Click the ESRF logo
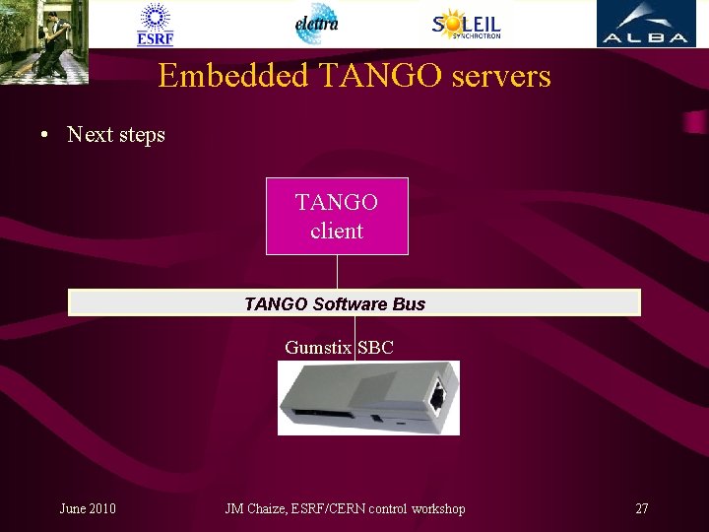click(x=156, y=25)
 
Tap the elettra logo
click(x=317, y=24)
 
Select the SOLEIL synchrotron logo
click(x=467, y=24)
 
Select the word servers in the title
click(x=497, y=76)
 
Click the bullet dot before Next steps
click(x=45, y=135)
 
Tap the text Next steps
click(x=116, y=135)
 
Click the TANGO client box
click(x=337, y=216)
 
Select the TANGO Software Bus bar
click(x=354, y=302)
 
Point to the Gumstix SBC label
click(x=339, y=347)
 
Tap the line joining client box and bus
click(x=337, y=271)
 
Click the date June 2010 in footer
click(x=88, y=508)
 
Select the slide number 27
click(x=642, y=508)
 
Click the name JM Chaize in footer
click(x=255, y=508)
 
